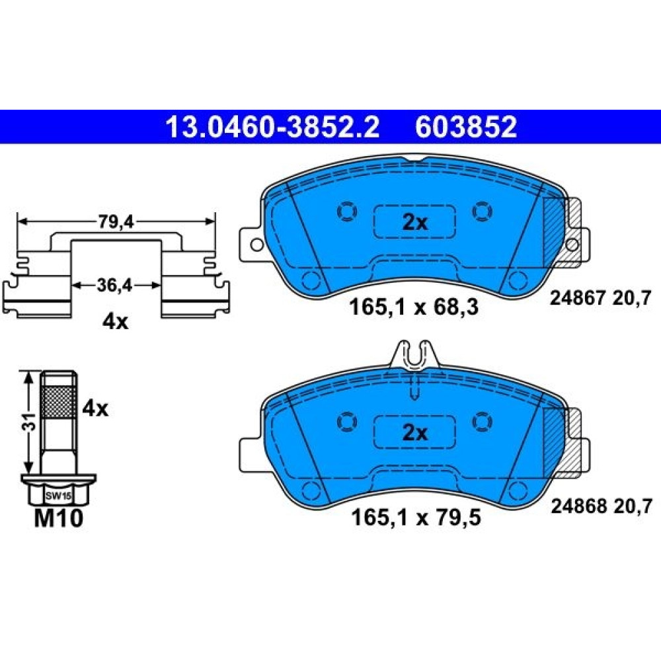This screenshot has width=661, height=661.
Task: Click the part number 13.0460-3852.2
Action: pos(273,127)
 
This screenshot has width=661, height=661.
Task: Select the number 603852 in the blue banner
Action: pos(466,127)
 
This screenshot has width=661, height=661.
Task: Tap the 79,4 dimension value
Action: pos(116,222)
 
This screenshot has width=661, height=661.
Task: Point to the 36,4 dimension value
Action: pos(114,286)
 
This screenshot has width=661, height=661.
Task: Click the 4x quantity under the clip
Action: pos(115,322)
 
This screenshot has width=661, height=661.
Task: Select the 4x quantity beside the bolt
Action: pos(95,408)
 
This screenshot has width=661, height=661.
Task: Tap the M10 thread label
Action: pos(59,518)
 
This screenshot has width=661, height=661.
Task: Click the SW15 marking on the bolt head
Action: pos(58,496)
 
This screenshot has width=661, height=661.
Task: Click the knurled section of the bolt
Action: pos(59,401)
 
